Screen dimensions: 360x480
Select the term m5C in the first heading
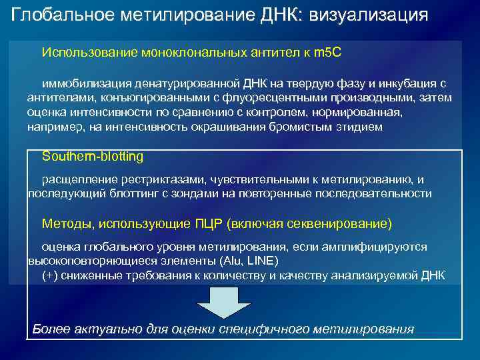point(327,51)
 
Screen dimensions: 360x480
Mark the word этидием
point(362,126)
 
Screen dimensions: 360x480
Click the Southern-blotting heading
point(92,156)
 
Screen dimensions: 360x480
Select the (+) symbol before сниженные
point(49,275)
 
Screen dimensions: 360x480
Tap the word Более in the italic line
point(49,329)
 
